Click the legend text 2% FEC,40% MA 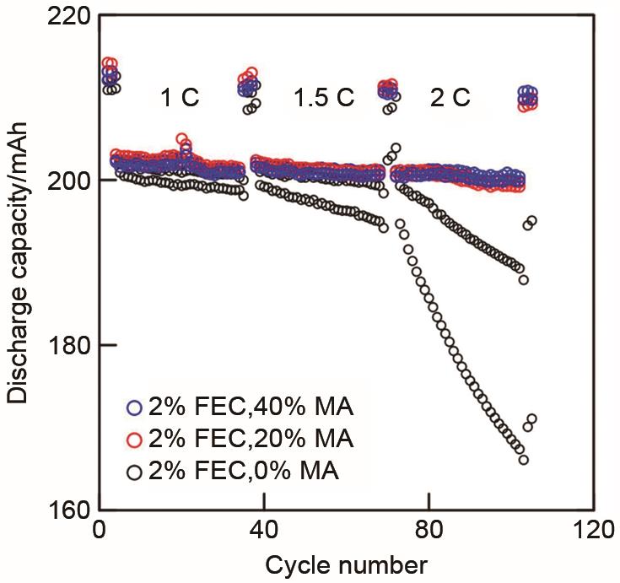click(x=250, y=408)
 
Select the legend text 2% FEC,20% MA click(x=250, y=439)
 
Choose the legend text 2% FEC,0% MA click(x=243, y=470)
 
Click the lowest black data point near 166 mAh click(x=523, y=460)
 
